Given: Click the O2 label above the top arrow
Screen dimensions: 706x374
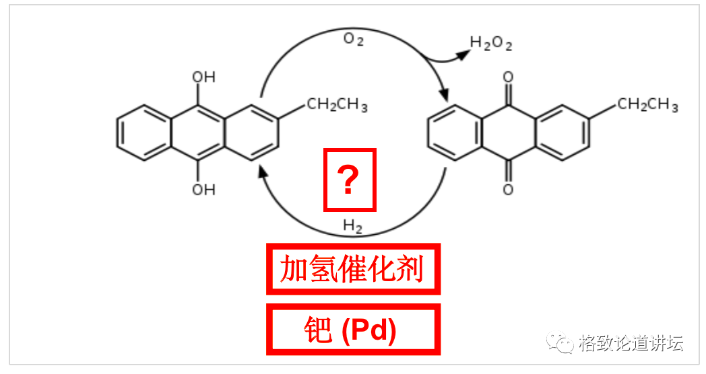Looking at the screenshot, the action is coord(353,39).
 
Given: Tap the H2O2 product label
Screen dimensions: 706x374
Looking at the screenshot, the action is coord(491,44).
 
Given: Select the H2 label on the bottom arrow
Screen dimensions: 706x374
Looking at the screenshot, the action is coord(352,225).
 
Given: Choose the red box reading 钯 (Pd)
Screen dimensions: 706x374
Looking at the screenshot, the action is coord(353,330).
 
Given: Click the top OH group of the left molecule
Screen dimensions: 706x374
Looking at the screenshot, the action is coord(203,77).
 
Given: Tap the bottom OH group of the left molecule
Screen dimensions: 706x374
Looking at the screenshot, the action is coord(203,189).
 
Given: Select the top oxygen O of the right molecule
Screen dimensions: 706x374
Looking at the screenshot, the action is coord(508,77).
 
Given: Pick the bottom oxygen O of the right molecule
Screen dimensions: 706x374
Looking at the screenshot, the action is coord(508,189).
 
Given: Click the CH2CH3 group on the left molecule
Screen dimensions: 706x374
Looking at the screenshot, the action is coord(337,105).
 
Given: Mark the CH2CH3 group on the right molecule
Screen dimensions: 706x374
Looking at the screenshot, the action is coord(647,105).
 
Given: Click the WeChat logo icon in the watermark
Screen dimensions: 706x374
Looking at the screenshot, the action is coord(560,343).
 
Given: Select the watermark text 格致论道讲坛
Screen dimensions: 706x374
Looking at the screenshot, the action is coord(631,343).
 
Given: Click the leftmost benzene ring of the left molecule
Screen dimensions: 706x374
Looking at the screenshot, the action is coord(143,133).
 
